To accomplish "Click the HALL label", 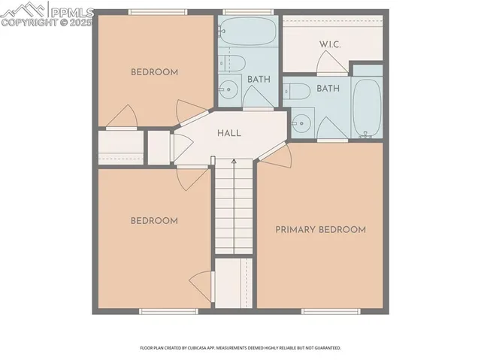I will pyautogui.click(x=229, y=133).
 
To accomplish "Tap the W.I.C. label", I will pyautogui.click(x=330, y=44).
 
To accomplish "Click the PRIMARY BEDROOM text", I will pyautogui.click(x=320, y=229).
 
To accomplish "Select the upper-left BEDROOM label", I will pyautogui.click(x=154, y=72).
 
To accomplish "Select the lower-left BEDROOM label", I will pyautogui.click(x=154, y=220).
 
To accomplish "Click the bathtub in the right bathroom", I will pyautogui.click(x=367, y=109).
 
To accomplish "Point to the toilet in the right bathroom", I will pyautogui.click(x=297, y=92).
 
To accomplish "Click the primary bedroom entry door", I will pyautogui.click(x=277, y=156).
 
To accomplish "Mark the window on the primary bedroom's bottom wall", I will pyautogui.click(x=331, y=311).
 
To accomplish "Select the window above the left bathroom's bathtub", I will pyautogui.click(x=240, y=12).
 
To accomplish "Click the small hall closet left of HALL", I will pyautogui.click(x=159, y=147).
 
